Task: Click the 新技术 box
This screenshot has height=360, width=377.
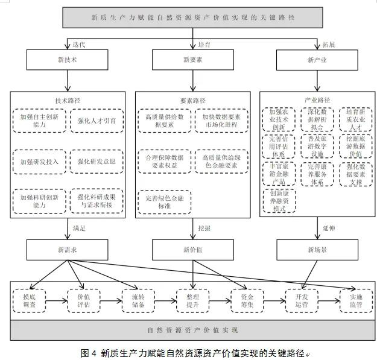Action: [x=67, y=60]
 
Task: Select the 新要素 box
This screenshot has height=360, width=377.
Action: [x=192, y=60]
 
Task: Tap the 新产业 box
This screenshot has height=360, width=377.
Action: [x=317, y=60]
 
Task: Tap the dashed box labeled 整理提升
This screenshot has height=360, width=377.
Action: [x=193, y=300]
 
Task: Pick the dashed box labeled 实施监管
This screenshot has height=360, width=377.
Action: [x=352, y=300]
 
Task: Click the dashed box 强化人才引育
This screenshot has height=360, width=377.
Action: [x=97, y=121]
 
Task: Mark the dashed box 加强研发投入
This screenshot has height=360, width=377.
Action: [x=39, y=161]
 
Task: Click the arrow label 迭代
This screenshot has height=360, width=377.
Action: [x=79, y=44]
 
